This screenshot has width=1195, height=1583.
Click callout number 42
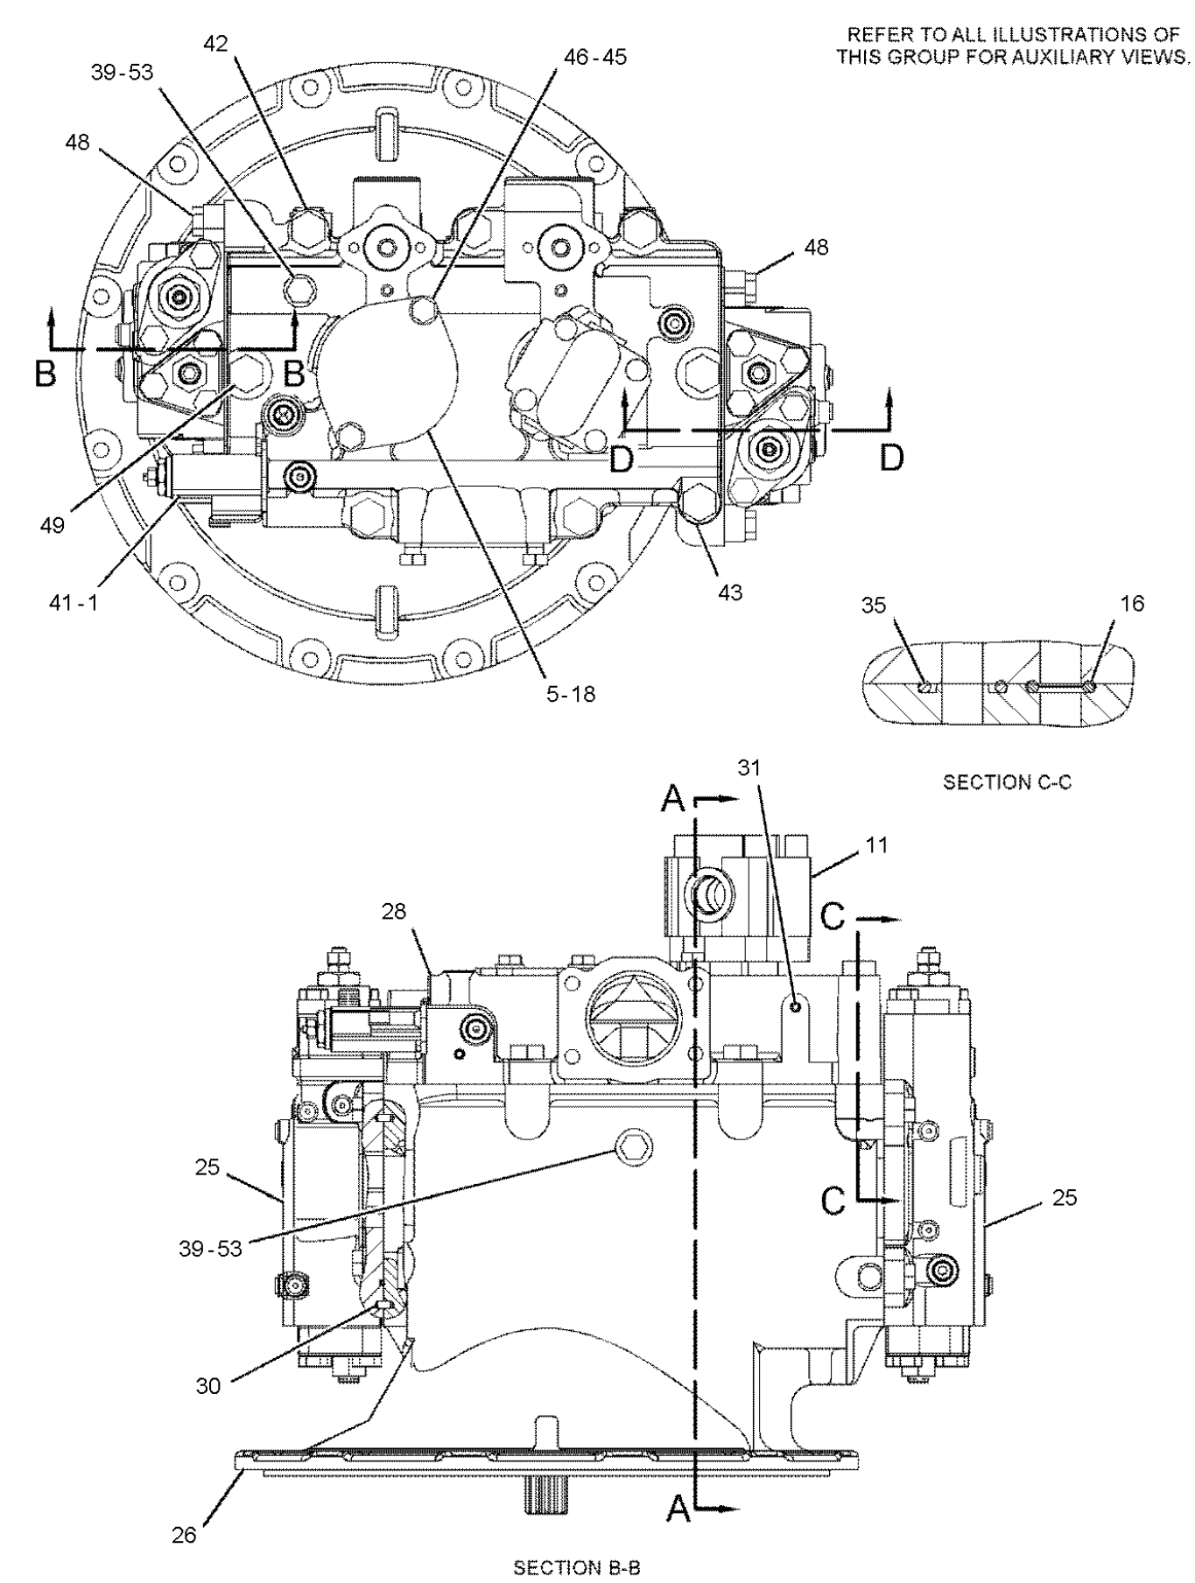point(216,45)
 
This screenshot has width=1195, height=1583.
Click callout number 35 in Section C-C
point(873,604)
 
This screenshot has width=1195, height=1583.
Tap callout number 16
point(1131,603)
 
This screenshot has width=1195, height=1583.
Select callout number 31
point(750,767)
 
